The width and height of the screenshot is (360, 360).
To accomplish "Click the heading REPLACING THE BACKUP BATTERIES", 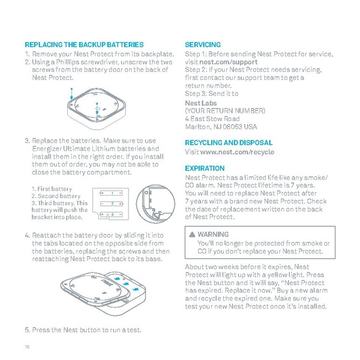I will click(84, 45).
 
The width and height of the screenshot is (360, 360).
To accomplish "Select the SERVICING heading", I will click(203, 45).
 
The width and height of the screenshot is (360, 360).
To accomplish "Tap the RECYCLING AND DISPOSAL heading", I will click(229, 143).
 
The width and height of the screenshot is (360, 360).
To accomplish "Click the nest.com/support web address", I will click(229, 62).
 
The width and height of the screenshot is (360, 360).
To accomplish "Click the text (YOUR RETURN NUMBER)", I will click(225, 111).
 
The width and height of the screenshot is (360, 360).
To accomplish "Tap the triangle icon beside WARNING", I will click(191, 235).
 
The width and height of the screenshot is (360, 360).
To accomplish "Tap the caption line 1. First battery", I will click(52, 190).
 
